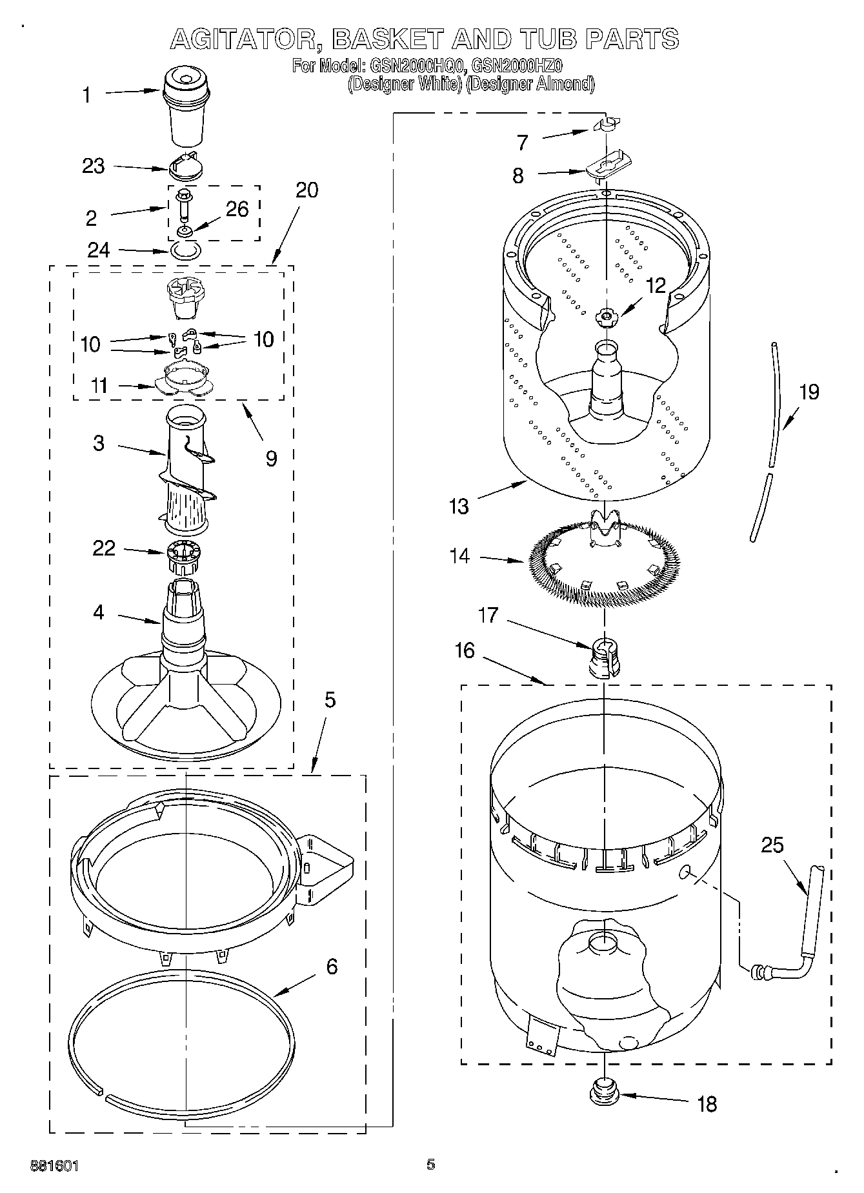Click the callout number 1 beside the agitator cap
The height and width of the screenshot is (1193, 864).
(x=86, y=95)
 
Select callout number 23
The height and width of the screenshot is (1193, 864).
(x=94, y=166)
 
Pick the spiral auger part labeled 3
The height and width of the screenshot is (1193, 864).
(x=187, y=471)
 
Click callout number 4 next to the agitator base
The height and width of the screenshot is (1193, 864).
(x=98, y=612)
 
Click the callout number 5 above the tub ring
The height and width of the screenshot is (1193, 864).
(x=330, y=700)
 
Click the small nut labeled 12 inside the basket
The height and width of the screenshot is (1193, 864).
(x=605, y=316)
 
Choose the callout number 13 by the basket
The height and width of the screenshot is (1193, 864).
(x=459, y=506)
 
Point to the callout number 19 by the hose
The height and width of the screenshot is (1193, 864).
(x=809, y=392)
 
